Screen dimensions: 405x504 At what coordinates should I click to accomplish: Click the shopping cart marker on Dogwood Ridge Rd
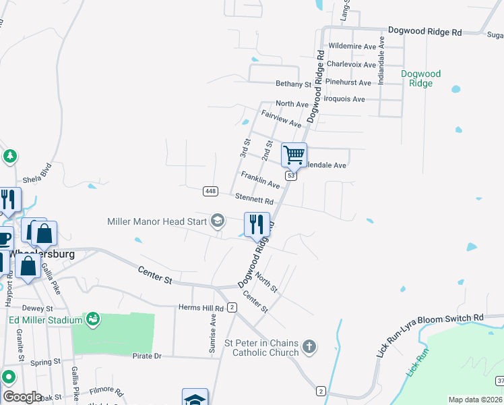pos(294,155)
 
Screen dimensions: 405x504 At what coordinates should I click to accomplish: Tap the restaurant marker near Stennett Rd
pos(256,224)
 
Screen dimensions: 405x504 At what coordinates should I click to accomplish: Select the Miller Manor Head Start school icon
pos(218,221)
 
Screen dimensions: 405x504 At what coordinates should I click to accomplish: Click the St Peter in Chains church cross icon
pos(309,348)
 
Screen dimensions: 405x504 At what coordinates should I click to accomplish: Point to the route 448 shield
pos(210,192)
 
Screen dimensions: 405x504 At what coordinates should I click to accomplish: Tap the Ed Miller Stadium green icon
pos(93,318)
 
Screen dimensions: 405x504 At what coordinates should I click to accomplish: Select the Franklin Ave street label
pos(260,180)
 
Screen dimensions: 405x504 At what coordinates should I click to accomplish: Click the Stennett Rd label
pos(254,199)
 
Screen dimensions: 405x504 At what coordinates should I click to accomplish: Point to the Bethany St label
pos(293,84)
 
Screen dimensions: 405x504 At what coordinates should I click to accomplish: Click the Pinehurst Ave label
pos(348,83)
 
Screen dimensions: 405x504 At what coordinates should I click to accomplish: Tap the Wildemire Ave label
pos(352,47)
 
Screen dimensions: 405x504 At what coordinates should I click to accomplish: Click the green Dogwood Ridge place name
pos(420,78)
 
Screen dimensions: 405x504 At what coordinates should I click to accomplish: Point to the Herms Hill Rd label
pos(200,308)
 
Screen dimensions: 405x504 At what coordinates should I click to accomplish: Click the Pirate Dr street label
pos(147,356)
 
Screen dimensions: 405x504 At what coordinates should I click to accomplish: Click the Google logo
pos(22,397)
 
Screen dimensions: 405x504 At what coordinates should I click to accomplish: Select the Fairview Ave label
pos(282,119)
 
